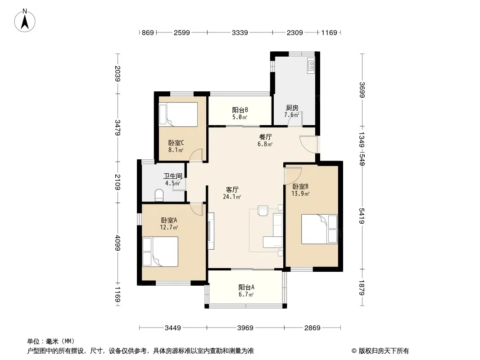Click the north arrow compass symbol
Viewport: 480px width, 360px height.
25,20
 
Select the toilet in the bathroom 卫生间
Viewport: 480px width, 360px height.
159,195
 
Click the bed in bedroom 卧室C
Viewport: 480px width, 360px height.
178,114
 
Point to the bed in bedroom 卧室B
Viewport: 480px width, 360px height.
319,229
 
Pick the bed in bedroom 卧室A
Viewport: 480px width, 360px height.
160,252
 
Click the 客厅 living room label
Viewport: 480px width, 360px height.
232,189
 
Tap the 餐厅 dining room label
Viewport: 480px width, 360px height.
265,137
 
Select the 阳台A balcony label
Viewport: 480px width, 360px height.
246,287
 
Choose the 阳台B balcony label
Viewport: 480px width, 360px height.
240,110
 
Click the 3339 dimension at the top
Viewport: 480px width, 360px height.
240,32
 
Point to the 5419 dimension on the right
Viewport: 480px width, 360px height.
362,216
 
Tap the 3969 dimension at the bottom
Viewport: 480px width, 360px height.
245,328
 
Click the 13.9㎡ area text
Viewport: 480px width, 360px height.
300,193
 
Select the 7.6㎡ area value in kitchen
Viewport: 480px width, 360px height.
291,115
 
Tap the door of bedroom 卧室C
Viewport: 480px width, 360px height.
196,155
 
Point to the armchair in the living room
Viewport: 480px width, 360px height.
263,211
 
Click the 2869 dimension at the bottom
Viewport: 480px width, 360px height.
312,328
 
